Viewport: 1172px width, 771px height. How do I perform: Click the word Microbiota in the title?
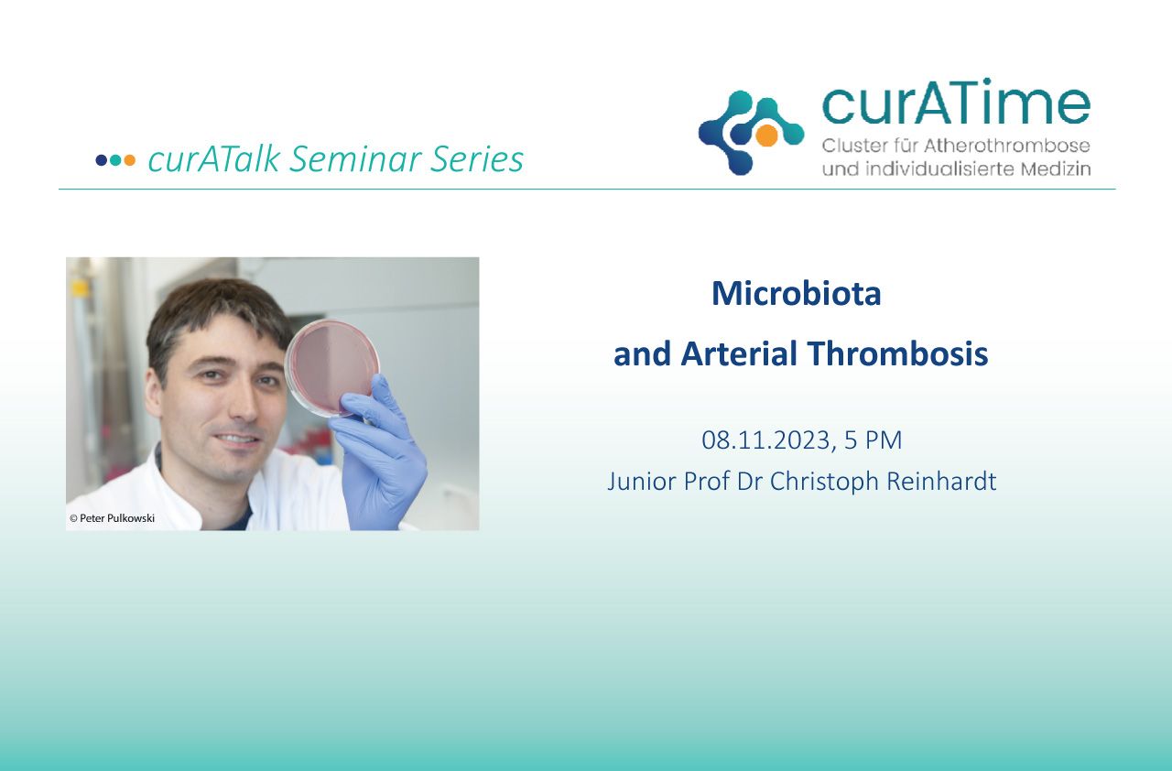click(x=797, y=293)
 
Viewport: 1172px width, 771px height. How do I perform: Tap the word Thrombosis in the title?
click(x=898, y=353)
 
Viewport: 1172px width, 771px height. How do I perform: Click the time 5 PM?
click(x=874, y=440)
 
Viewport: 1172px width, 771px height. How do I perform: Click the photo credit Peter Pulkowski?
click(x=116, y=518)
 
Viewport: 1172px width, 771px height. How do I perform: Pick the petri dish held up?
click(x=331, y=369)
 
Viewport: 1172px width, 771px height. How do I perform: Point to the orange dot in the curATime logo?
click(x=766, y=135)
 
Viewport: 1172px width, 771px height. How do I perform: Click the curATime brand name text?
click(x=956, y=103)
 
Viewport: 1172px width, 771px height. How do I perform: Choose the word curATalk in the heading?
click(x=214, y=159)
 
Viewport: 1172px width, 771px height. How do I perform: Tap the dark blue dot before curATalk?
click(x=102, y=160)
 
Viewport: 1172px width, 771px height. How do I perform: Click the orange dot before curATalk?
click(x=129, y=160)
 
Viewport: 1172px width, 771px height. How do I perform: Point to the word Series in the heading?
click(x=477, y=159)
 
